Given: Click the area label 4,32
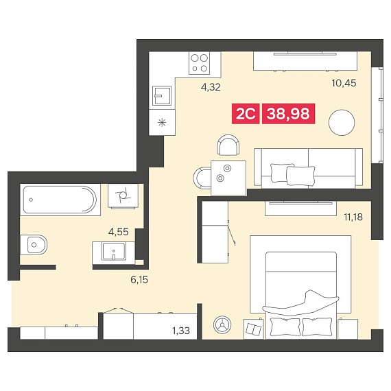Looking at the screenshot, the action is click(x=211, y=87).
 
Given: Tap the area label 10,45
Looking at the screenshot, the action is click(x=344, y=83).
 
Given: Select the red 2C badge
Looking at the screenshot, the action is click(x=246, y=114).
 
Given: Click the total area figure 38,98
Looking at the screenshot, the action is click(x=289, y=114).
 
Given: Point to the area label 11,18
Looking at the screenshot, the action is click(x=353, y=217).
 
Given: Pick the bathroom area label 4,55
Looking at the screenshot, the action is click(x=119, y=232).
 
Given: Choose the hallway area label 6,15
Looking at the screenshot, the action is click(x=139, y=280).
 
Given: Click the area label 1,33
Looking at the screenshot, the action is click(x=181, y=331).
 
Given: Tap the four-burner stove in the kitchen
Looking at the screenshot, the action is click(x=199, y=63).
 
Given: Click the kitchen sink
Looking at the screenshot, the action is click(x=162, y=96).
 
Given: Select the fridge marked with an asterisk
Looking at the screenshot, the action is click(x=162, y=122).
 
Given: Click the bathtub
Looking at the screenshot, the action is click(x=60, y=200).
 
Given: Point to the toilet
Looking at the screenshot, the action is click(x=34, y=245).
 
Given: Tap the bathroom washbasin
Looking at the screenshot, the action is click(x=113, y=251).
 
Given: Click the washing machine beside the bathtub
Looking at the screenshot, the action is click(x=123, y=195).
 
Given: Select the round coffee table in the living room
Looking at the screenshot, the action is click(x=342, y=123).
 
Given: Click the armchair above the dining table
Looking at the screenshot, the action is click(x=228, y=145).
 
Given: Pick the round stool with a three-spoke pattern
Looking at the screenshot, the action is click(x=222, y=324).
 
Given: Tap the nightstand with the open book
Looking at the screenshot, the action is click(x=254, y=329).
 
